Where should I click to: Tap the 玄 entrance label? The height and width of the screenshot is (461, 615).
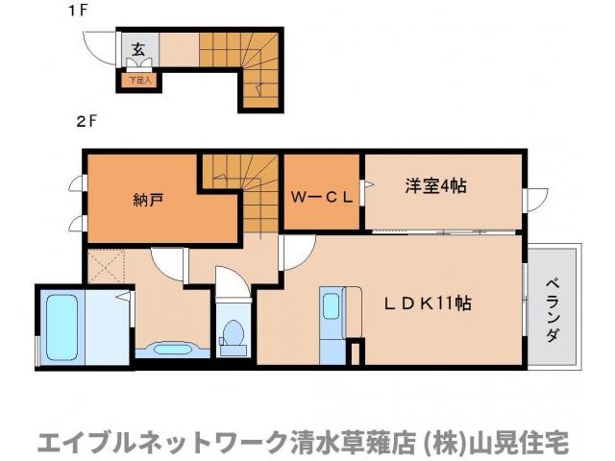(137, 48)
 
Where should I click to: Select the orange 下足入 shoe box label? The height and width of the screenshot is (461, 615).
(141, 81)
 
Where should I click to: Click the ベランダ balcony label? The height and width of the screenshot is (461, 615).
(553, 310)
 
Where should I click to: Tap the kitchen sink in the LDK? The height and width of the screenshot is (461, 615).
(331, 305)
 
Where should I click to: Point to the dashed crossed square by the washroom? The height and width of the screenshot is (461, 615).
(107, 264)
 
